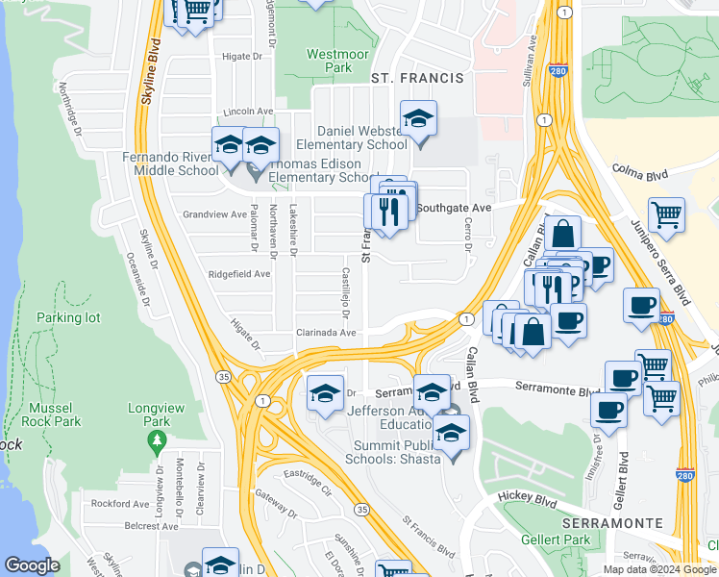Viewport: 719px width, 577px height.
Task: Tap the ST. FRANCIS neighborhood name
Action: (x=418, y=77)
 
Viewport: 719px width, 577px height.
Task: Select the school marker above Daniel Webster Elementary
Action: (x=418, y=120)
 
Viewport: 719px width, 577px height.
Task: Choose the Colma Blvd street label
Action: (x=639, y=174)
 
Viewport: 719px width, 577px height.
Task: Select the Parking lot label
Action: (x=68, y=317)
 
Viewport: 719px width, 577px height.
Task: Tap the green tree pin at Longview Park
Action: (x=156, y=442)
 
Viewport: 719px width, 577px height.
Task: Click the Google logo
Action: (x=32, y=565)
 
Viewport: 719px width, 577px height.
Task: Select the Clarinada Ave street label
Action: (x=326, y=333)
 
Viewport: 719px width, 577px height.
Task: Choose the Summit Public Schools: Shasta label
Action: (x=383, y=450)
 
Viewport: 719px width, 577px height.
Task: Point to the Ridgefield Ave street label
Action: (x=239, y=274)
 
